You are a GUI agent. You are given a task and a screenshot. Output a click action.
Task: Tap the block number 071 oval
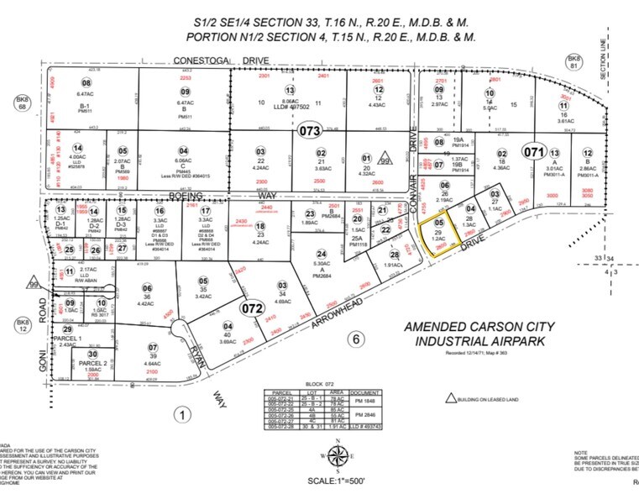535,152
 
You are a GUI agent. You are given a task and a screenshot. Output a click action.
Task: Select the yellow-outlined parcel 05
439,231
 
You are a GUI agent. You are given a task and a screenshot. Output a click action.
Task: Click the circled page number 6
355,339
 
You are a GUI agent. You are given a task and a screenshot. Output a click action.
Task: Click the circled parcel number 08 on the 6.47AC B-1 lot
85,81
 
